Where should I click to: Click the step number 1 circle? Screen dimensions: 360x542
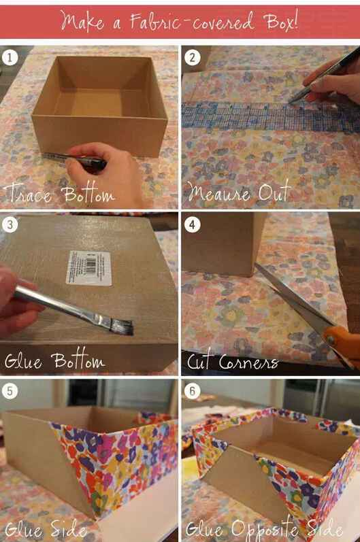click(10, 57)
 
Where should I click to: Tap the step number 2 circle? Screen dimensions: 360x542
click(193, 57)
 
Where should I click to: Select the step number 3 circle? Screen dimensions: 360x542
click(10, 224)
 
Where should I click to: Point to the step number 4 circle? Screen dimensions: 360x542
click(193, 224)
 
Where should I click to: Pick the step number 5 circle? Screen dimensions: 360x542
click(10, 391)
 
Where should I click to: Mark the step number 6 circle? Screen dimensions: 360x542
click(193, 391)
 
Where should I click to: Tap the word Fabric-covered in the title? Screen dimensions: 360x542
click(193, 20)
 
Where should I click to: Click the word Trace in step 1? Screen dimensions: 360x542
click(29, 194)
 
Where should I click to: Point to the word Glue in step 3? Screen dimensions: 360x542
click(24, 360)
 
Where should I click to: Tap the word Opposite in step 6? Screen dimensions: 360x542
click(265, 529)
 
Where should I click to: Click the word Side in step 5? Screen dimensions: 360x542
click(69, 528)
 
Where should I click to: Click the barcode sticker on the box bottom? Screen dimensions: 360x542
click(89, 268)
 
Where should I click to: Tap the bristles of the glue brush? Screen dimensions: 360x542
click(122, 327)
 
